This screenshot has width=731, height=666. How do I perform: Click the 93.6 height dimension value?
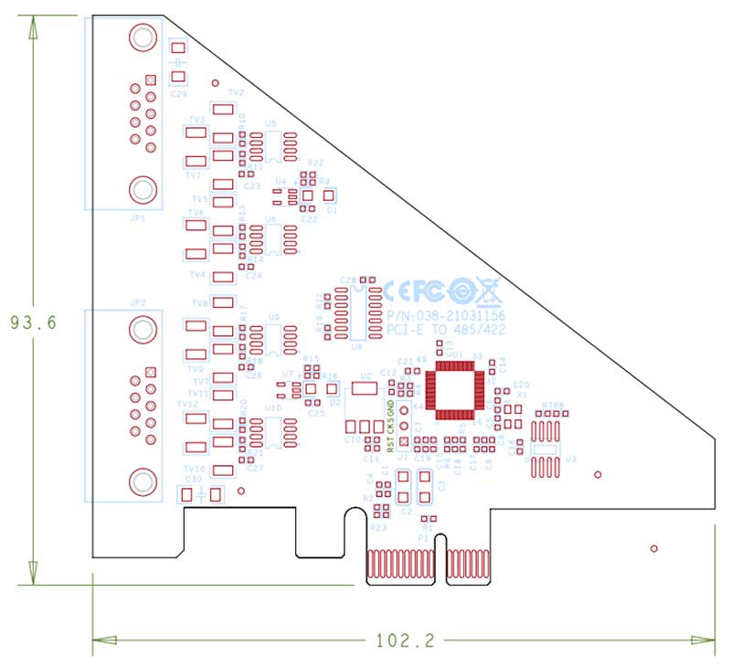32,322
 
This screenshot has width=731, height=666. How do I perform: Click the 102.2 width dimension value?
404,640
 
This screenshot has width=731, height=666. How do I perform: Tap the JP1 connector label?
138,219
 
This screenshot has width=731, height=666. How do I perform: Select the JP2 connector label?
138,301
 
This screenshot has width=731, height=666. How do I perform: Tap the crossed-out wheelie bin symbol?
490,291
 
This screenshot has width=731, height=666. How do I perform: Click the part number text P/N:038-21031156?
444,314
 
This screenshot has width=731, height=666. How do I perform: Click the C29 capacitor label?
179,93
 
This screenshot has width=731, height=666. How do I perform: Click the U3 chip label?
571,460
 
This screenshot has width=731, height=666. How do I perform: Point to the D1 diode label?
332,210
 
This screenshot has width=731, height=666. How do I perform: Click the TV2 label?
236,93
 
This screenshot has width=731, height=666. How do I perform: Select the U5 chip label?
270,122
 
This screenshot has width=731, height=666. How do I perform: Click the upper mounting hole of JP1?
142,38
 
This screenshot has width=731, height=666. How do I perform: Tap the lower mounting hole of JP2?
142,481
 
